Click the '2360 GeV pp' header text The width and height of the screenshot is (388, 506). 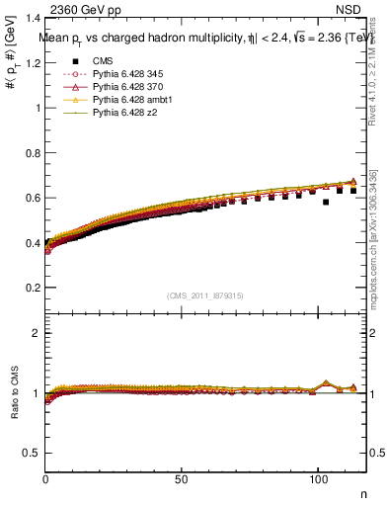(x=86, y=8)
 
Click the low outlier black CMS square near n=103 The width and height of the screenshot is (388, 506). (x=326, y=202)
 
